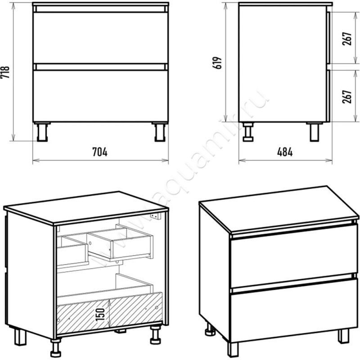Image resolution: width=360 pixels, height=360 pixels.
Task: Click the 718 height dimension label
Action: click(x=5, y=72)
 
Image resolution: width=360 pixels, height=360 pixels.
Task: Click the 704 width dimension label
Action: click(x=100, y=152)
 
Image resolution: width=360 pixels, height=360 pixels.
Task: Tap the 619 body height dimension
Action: click(x=217, y=63)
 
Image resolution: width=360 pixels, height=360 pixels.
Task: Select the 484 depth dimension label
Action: click(x=285, y=152)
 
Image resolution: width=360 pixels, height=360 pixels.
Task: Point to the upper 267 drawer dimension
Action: click(x=347, y=39)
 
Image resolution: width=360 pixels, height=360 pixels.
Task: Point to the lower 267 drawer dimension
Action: click(x=347, y=97)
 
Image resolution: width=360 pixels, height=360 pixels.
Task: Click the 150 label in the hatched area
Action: click(x=100, y=315)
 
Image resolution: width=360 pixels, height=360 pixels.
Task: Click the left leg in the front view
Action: click(x=42, y=132)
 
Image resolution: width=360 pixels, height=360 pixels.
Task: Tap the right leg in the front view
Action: click(x=160, y=132)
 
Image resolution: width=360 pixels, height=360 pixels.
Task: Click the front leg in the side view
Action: click(x=315, y=132)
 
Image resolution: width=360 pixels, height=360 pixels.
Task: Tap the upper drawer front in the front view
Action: click(x=101, y=38)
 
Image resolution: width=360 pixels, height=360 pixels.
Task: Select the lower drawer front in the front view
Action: click(x=101, y=96)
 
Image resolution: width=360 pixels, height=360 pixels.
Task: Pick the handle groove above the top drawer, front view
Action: click(x=101, y=9)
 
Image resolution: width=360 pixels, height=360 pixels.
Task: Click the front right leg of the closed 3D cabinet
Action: click(x=343, y=336)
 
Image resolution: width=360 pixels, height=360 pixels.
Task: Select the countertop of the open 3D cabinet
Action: click(x=86, y=208)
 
